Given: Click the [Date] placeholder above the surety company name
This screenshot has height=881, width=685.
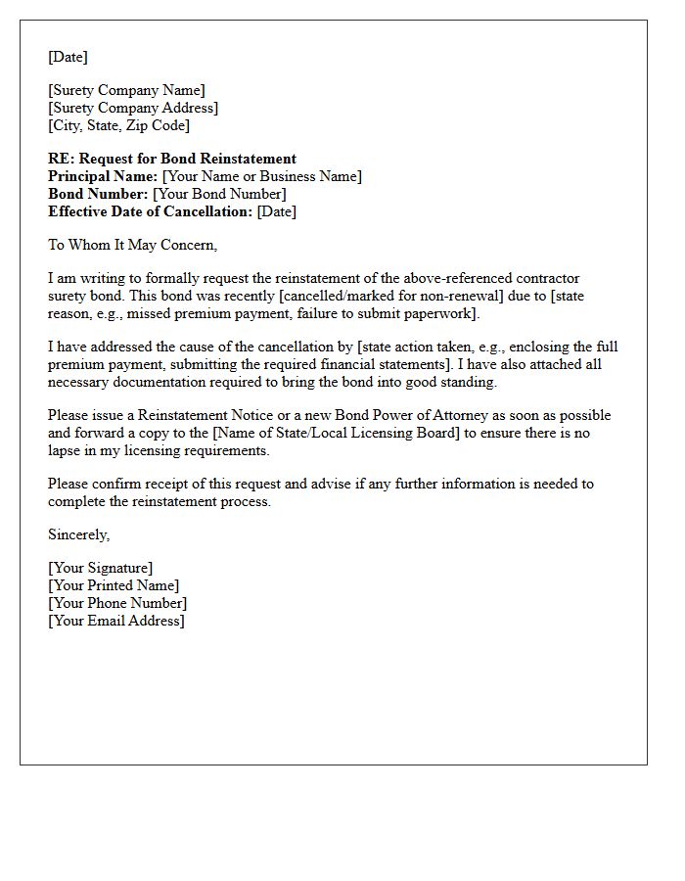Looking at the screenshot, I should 68,57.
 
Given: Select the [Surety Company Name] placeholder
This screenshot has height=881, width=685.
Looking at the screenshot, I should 126,91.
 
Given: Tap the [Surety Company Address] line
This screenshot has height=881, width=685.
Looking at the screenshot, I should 133,109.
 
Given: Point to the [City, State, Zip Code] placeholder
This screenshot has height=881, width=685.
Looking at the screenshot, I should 118,126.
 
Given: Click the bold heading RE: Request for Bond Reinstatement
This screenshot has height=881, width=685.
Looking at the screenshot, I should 172,159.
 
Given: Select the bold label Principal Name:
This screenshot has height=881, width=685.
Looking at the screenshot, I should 103,176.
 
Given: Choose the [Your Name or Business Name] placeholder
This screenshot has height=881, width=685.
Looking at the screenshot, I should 262,176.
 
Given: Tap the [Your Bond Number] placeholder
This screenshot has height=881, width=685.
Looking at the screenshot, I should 220,194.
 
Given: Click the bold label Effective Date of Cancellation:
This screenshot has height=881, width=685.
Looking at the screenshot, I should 150,211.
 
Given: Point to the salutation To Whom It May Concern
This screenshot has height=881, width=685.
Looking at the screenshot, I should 132,245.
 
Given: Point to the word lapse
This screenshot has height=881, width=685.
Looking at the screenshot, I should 65,450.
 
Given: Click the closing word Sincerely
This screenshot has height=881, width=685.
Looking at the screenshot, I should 78,534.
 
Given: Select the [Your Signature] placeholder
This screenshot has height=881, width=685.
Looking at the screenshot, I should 100,568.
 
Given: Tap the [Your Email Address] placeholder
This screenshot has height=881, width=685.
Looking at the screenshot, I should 115,621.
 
